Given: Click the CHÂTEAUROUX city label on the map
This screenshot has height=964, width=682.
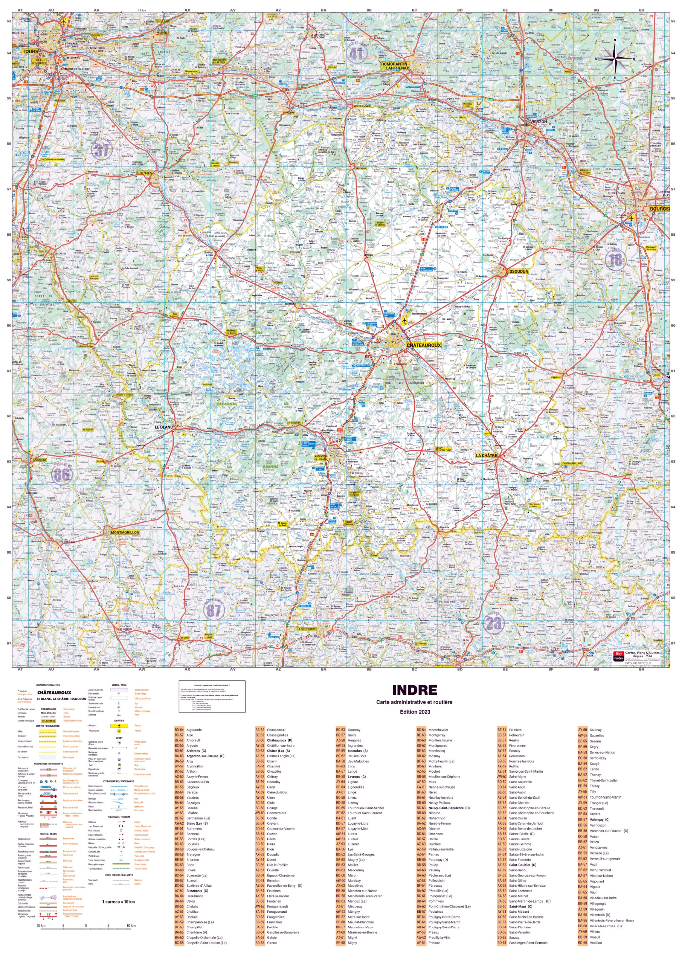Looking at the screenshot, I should [x=423, y=345].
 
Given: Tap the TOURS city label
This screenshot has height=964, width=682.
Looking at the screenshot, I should [x=30, y=52].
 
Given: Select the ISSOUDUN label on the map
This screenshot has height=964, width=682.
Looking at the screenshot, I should [x=518, y=271].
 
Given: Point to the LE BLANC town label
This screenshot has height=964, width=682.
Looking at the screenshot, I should [x=164, y=427].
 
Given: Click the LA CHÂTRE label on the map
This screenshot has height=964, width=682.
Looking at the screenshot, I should [x=486, y=455].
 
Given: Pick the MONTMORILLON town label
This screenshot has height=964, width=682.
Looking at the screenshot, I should [x=125, y=532].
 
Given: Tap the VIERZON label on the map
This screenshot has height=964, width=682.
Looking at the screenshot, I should [x=539, y=121].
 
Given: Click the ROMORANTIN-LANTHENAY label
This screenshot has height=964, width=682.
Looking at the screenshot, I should [x=395, y=66].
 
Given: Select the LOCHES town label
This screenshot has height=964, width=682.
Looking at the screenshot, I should [x=145, y=173].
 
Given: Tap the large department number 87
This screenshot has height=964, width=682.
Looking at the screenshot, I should [x=213, y=610].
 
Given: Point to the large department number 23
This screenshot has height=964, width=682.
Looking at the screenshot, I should [x=493, y=623].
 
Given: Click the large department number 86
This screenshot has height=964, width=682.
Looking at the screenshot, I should [x=61, y=475].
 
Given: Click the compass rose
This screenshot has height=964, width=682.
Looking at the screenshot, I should [x=615, y=59].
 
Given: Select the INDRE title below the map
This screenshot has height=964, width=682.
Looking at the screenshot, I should [x=414, y=690].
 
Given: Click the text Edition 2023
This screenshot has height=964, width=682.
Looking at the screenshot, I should [x=414, y=712].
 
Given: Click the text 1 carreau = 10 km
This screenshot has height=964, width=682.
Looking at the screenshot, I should [x=118, y=902].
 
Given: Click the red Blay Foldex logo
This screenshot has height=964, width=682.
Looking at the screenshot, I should [x=618, y=656].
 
